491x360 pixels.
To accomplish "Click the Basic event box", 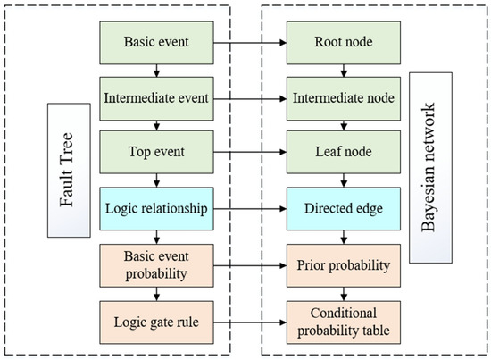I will [157, 41].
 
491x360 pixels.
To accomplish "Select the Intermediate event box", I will [157, 96].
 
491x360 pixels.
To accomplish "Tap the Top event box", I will [157, 151].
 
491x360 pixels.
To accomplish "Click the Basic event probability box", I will [157, 265].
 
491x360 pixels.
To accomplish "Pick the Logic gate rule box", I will [157, 319].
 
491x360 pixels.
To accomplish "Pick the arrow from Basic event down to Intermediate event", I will [157, 69].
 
